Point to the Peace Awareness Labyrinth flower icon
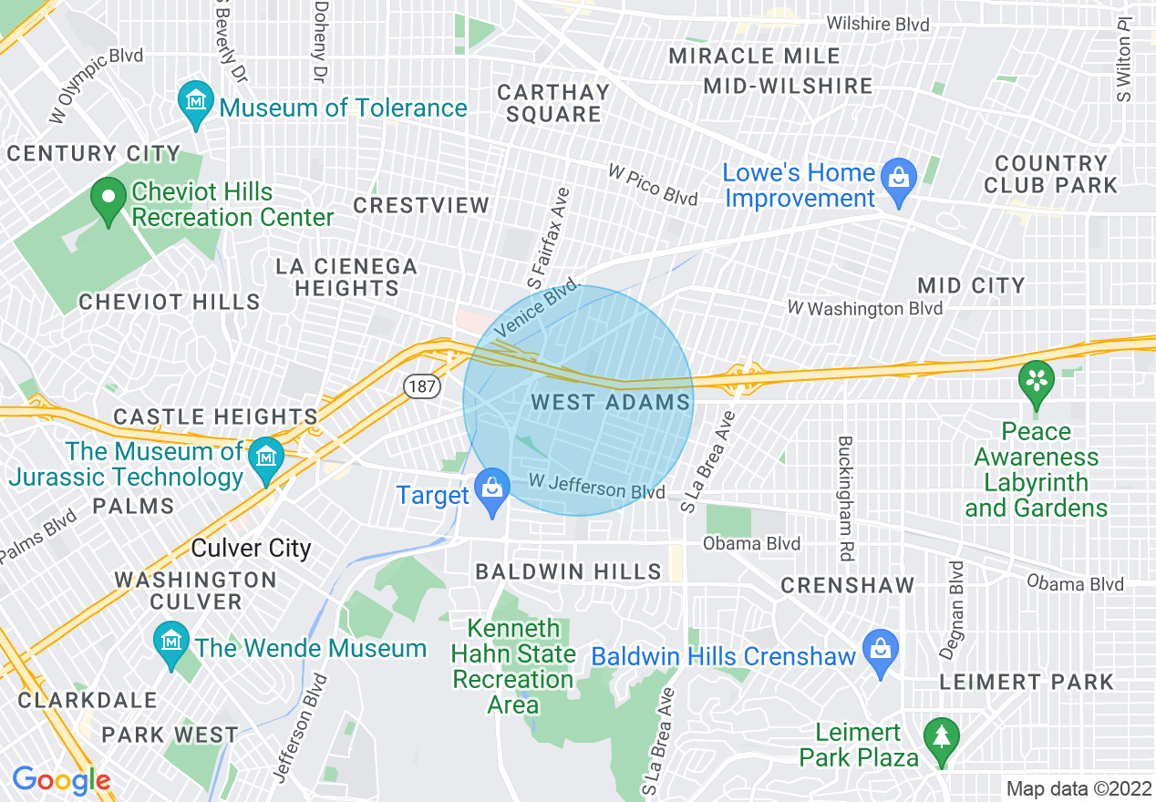[x=1036, y=381]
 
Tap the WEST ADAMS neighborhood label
[x=610, y=402]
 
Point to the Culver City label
[x=251, y=549]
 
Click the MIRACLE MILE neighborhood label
[x=754, y=56]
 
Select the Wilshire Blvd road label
[x=878, y=24]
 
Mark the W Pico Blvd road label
[x=653, y=184]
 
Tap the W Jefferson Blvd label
[x=596, y=487]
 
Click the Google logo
[x=61, y=780]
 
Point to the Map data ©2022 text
[x=1076, y=788]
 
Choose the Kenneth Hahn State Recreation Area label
[x=513, y=667]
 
